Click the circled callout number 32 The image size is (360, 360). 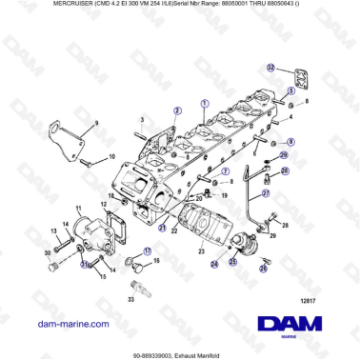click(270, 68)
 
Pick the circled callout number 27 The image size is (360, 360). click(266, 191)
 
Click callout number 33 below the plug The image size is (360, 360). click(130, 298)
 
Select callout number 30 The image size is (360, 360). click(47, 252)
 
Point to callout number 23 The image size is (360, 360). click(202, 250)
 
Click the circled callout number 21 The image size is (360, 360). click(163, 229)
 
